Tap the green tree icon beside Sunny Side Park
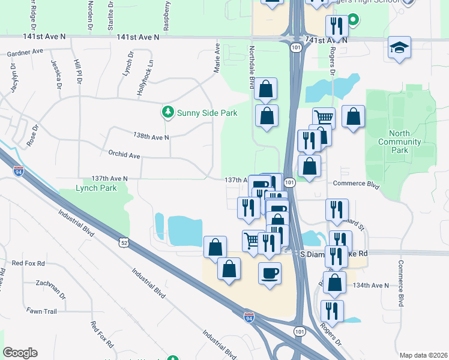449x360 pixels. (x=168, y=112)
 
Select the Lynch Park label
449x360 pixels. (x=96, y=188)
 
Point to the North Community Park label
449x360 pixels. (x=399, y=142)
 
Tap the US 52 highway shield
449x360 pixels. (x=124, y=242)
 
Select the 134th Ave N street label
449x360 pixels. (x=371, y=285)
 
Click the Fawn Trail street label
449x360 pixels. (x=41, y=311)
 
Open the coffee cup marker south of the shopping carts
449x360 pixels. (x=270, y=273)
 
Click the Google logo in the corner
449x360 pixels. (x=20, y=353)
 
